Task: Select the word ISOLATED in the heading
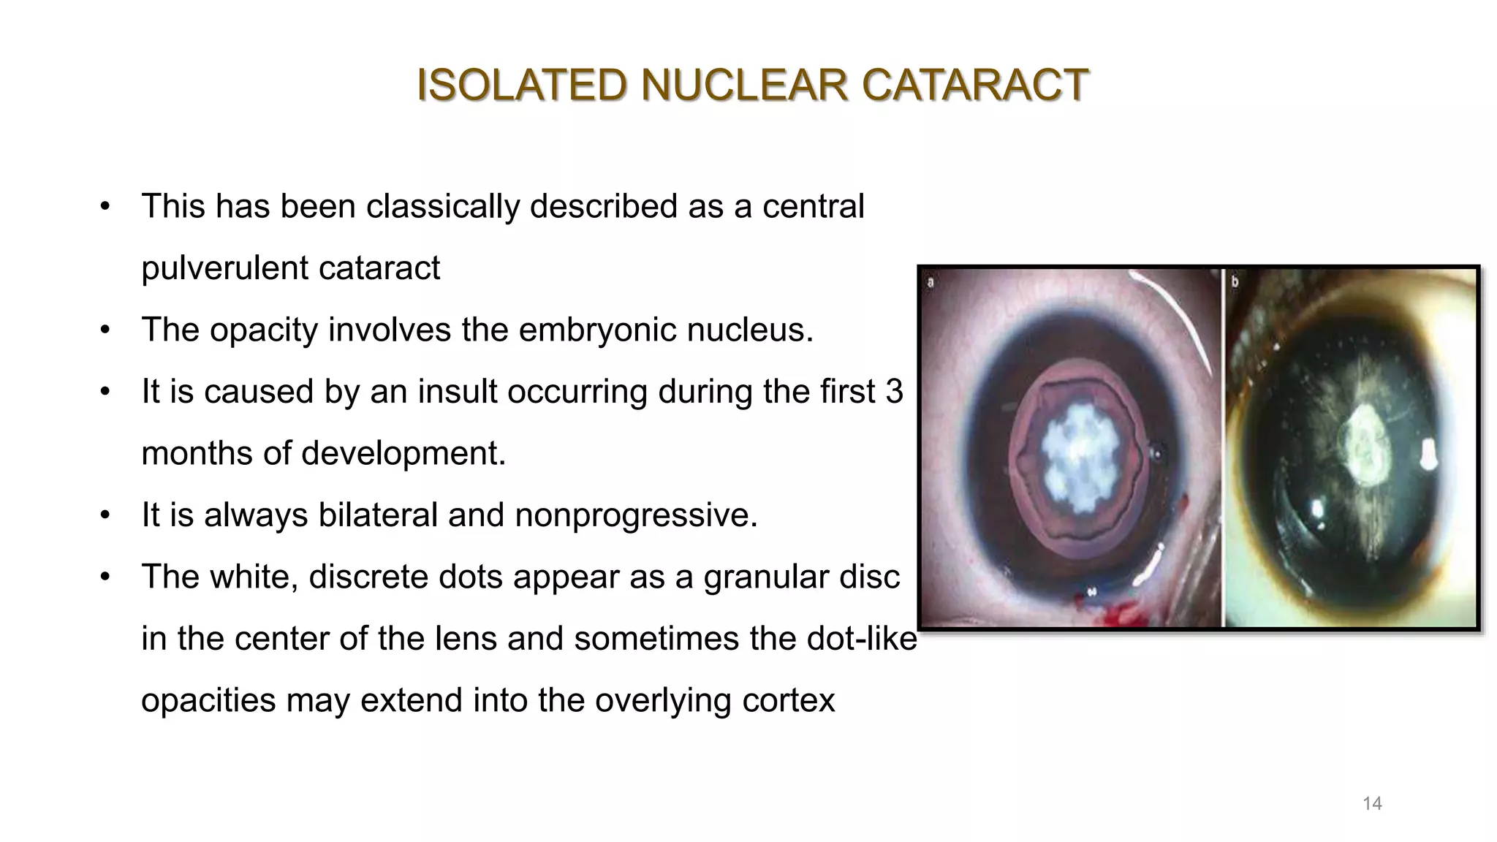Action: (521, 85)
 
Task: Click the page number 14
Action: (1372, 804)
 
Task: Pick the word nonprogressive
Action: (635, 515)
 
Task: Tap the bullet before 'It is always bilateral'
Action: (105, 516)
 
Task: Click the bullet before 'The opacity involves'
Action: (105, 330)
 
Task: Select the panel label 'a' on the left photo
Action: (931, 282)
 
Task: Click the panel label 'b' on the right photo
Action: (1235, 282)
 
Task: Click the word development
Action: (402, 453)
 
